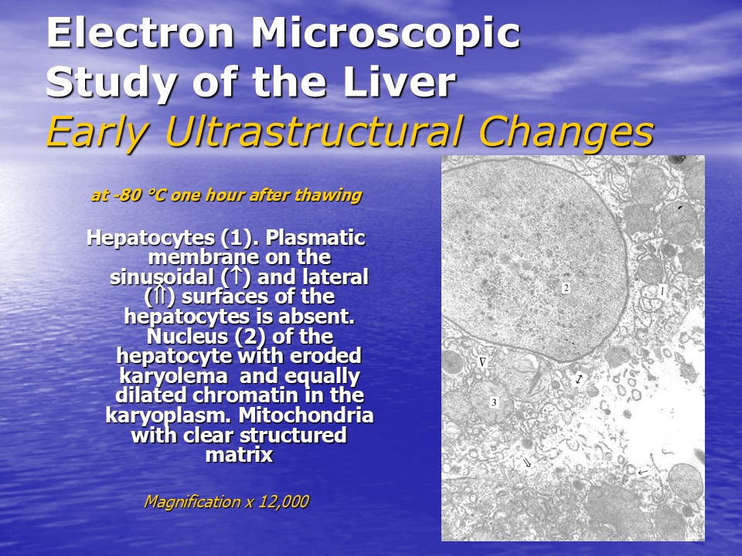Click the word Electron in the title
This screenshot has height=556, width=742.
[140, 32]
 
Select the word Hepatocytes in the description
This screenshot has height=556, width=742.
[151, 239]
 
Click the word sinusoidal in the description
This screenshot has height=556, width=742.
[162, 277]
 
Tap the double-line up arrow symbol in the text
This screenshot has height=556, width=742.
[161, 297]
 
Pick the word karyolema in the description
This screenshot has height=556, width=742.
[173, 376]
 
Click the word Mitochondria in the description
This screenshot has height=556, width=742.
[306, 415]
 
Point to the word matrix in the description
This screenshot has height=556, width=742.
[239, 455]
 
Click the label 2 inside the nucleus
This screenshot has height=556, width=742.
[566, 287]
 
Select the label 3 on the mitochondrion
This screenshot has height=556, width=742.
[494, 402]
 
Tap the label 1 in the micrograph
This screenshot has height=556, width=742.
[662, 292]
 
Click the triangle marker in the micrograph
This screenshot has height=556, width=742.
[482, 362]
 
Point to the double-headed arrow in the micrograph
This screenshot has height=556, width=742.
[579, 378]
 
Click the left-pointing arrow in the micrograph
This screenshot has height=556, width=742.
[642, 472]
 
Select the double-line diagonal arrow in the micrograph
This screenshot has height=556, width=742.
[526, 463]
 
